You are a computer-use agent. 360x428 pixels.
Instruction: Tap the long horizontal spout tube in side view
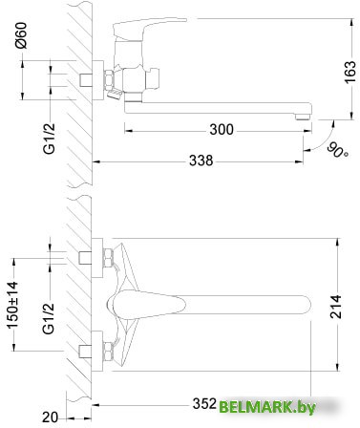click(210, 105)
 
